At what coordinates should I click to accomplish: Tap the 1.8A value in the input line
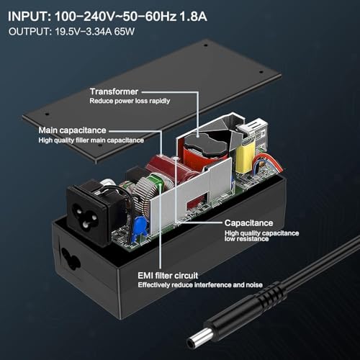click(x=193, y=17)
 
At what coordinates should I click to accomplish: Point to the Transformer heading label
click(x=114, y=91)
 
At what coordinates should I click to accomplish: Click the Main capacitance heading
click(x=72, y=130)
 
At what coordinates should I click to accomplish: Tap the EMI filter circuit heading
click(x=168, y=276)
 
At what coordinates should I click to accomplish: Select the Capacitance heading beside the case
click(x=249, y=223)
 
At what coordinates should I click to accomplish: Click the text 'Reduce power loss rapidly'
click(x=130, y=101)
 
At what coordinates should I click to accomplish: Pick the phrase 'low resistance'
click(x=246, y=239)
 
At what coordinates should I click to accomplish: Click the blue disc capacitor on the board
click(x=140, y=226)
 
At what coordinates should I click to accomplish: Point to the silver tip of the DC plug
click(x=199, y=338)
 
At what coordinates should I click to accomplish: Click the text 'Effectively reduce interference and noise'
click(x=200, y=285)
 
